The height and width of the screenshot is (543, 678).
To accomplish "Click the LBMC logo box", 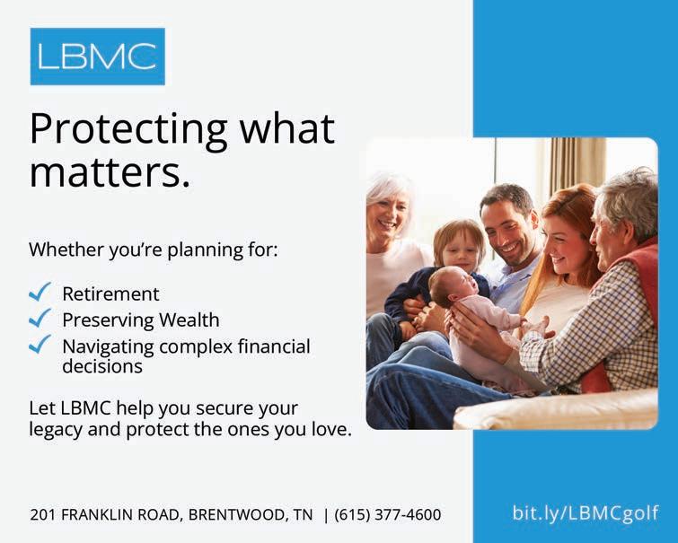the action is click(x=97, y=57).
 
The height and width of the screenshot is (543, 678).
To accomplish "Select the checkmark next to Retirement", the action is click(x=40, y=292).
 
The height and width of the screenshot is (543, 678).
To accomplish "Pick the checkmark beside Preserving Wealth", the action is click(x=40, y=319).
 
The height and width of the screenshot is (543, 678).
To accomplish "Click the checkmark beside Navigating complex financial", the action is click(x=40, y=345).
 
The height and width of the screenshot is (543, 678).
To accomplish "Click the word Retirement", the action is click(x=110, y=294).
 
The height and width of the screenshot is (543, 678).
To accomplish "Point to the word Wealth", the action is click(x=189, y=320).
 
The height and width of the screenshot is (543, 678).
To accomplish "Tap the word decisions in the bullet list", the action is click(x=102, y=366).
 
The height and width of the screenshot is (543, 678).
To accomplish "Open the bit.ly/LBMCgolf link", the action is click(x=586, y=513).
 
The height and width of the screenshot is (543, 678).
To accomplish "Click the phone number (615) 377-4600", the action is click(x=387, y=514).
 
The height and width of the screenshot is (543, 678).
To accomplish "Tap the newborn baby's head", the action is click(x=451, y=285).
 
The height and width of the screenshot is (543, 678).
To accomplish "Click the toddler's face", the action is click(x=459, y=250).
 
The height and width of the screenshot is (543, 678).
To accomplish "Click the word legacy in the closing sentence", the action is click(x=56, y=430).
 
